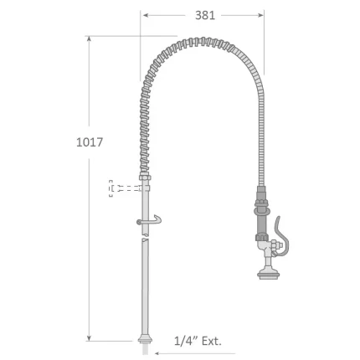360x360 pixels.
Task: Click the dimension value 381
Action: pos(203,14)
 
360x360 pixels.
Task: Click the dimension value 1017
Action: pos(90,142)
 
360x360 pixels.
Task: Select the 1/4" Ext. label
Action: pos(198,341)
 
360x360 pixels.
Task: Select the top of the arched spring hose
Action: pos(201,41)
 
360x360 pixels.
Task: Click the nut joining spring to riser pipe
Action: pos(145,180)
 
